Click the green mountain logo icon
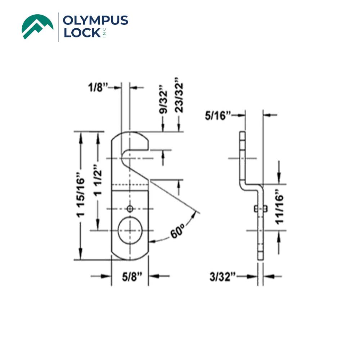[37, 26]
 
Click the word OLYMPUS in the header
[95, 21]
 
